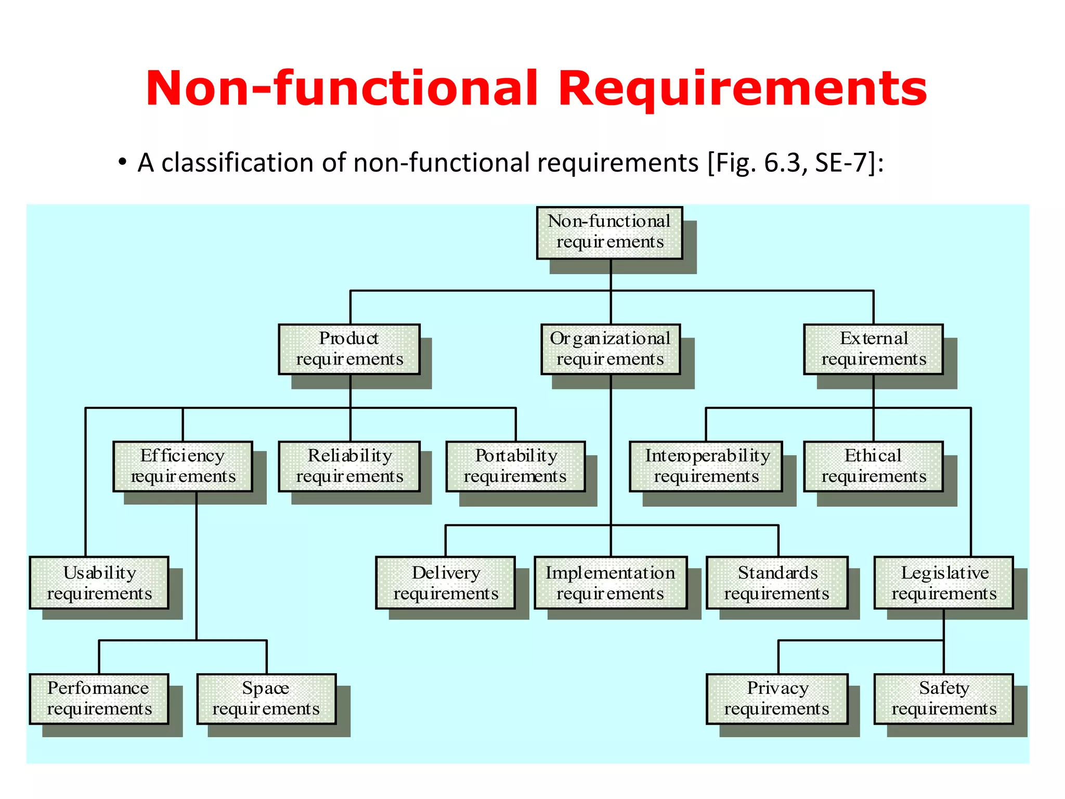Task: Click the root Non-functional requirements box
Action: tap(609, 233)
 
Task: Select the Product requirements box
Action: tap(349, 349)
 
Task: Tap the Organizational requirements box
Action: tap(611, 349)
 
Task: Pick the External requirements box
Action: tap(874, 349)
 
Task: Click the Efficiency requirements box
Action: tap(183, 466)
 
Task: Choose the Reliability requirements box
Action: tap(349, 466)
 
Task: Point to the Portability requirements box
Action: tap(516, 466)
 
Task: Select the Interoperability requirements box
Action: tap(706, 466)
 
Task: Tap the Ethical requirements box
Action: tap(874, 466)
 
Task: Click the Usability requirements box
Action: tap(99, 583)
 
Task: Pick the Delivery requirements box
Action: tap(446, 583)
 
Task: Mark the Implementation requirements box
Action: tap(611, 583)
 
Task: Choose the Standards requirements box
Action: tap(777, 583)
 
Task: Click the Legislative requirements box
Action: tap(944, 583)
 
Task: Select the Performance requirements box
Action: tap(99, 699)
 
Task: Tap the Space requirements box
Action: tap(266, 699)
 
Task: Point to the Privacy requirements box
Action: tap(777, 699)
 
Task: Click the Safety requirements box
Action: tap(944, 699)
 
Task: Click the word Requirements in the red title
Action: tap(743, 88)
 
